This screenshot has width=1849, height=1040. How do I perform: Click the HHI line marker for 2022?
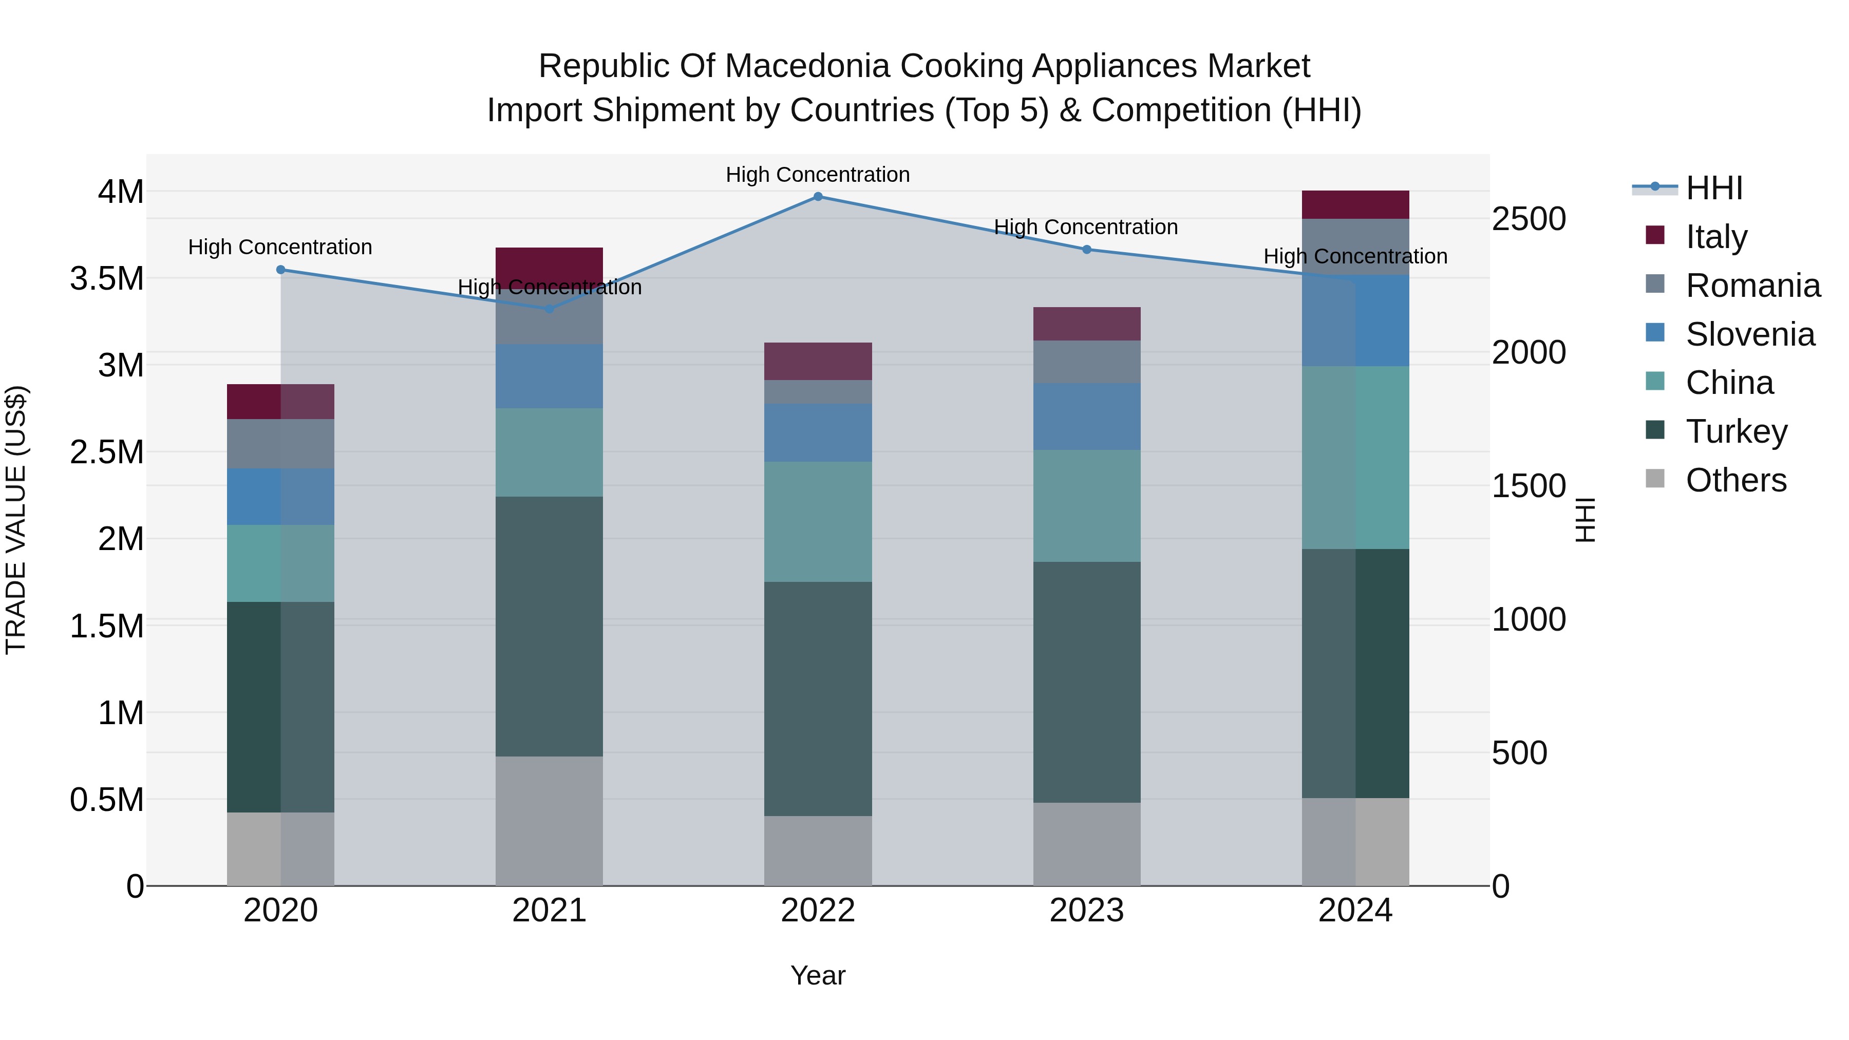click(x=818, y=197)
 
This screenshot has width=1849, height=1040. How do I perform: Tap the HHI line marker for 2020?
click(x=280, y=270)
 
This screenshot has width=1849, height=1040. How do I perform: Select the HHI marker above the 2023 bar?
click(x=1087, y=250)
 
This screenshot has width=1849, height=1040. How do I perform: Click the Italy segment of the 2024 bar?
click(x=1355, y=204)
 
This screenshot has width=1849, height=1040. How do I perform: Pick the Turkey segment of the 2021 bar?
click(x=549, y=626)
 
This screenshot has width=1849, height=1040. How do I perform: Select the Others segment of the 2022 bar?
click(x=818, y=850)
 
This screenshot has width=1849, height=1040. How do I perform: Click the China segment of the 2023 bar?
click(x=1087, y=506)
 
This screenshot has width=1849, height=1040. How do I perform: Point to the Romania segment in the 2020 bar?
click(x=280, y=444)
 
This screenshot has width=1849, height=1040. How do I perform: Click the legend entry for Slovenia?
click(x=1749, y=334)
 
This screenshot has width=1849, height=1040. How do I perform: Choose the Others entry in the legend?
click(x=1735, y=480)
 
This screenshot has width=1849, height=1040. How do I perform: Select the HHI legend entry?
click(x=1713, y=188)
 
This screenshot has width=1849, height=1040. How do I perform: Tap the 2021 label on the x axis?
click(x=549, y=911)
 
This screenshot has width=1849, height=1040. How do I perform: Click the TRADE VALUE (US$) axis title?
click(x=16, y=520)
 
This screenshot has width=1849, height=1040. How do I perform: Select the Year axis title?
click(x=818, y=975)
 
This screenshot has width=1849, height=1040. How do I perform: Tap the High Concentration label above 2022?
click(x=818, y=175)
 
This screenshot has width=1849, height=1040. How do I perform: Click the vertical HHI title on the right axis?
click(x=1586, y=520)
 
